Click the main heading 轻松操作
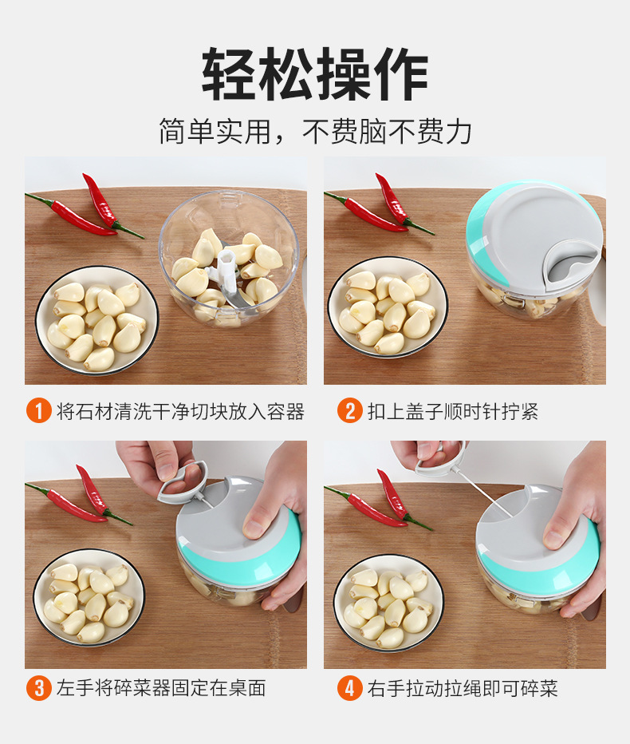(x=315, y=74)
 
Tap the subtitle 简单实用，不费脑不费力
(x=315, y=131)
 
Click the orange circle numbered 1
(x=37, y=411)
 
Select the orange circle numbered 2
(x=349, y=411)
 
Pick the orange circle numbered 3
(x=37, y=687)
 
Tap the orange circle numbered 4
(x=349, y=687)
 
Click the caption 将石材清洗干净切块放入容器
(x=180, y=412)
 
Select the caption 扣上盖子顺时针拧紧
(x=453, y=412)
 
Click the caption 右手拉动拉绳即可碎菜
(x=463, y=688)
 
